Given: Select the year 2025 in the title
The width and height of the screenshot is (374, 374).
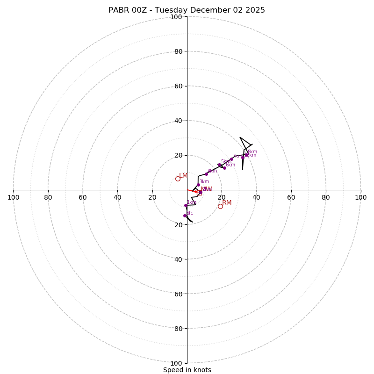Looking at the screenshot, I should (255, 10).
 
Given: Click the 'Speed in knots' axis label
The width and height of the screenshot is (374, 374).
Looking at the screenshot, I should (187, 370).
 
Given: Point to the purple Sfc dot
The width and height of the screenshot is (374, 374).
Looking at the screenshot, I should (185, 216).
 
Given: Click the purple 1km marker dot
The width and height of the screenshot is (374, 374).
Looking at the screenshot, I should (186, 205).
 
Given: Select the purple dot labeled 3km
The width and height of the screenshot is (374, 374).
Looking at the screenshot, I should (198, 185).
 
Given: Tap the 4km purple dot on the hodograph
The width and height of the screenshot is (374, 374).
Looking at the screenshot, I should (206, 174).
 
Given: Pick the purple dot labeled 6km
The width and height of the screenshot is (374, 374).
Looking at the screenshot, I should (224, 168).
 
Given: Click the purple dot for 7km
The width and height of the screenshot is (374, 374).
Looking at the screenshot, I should (231, 159).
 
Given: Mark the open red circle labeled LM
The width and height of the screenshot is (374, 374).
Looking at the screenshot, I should (178, 179).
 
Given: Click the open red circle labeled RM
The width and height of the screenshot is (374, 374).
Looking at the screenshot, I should (220, 206).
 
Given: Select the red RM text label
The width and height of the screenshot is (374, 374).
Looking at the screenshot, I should (227, 202).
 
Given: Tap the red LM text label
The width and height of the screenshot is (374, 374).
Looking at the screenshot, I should (183, 175).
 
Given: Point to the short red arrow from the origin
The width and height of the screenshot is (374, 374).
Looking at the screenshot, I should (192, 191).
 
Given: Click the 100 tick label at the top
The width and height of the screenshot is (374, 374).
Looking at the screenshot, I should (176, 17).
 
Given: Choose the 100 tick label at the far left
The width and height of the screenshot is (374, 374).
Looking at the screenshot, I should (13, 197).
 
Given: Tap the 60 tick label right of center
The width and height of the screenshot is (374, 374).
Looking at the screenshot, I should (291, 197).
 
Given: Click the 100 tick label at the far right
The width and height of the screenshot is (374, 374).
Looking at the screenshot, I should (360, 197).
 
